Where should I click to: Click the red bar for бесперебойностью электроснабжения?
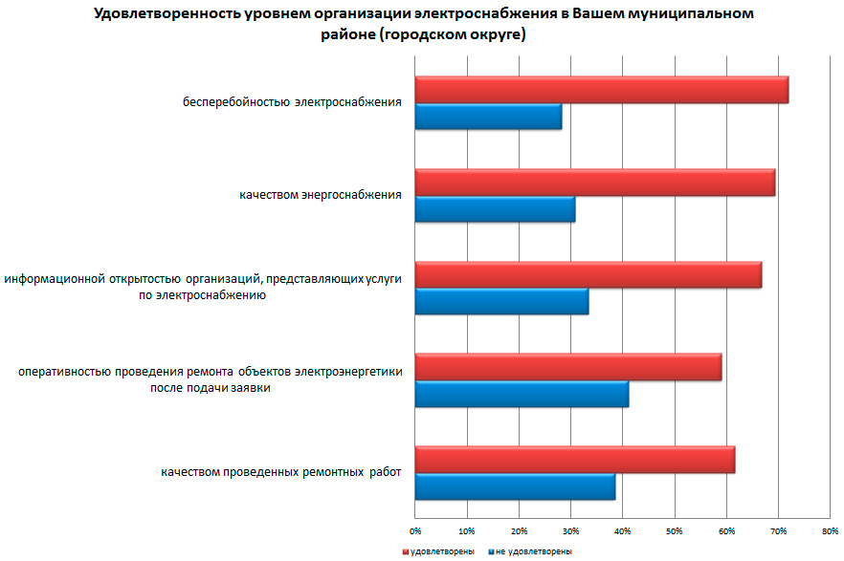point(601,90)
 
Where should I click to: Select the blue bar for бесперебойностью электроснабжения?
point(488,117)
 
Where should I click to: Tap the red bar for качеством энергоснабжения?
point(594,182)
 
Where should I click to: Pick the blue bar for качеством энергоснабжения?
point(495,208)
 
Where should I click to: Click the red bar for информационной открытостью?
point(588,274)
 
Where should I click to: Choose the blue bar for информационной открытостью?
point(501,301)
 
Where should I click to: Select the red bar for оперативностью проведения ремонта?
point(567,367)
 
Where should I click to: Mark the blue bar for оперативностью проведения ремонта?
point(522,394)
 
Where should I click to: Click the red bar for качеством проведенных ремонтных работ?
point(574,460)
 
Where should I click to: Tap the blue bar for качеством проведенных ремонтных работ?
point(515,486)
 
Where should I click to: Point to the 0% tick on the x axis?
point(415,529)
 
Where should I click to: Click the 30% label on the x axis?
point(570,529)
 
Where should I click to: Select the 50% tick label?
point(674,529)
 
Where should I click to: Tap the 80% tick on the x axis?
point(830,529)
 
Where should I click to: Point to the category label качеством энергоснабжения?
point(320,195)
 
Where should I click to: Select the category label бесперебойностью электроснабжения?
point(291,101)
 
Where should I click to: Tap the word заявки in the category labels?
point(251,388)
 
